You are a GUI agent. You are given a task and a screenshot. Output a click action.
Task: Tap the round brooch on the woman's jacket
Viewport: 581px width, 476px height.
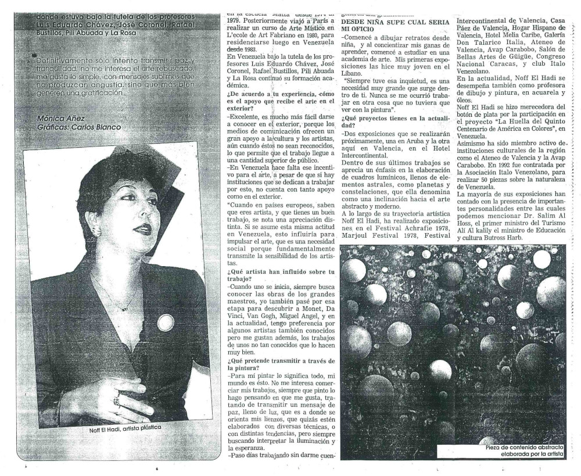click(x=166, y=321)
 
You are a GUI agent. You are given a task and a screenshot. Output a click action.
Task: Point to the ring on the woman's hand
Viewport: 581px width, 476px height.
click(x=117, y=400)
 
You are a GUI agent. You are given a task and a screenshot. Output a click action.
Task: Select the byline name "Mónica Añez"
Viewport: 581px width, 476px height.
click(x=60, y=118)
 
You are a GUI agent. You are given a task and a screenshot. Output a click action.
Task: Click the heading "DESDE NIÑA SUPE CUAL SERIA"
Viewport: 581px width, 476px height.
click(x=395, y=22)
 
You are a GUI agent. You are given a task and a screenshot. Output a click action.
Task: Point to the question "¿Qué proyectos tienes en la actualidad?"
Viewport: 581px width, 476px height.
click(x=395, y=120)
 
